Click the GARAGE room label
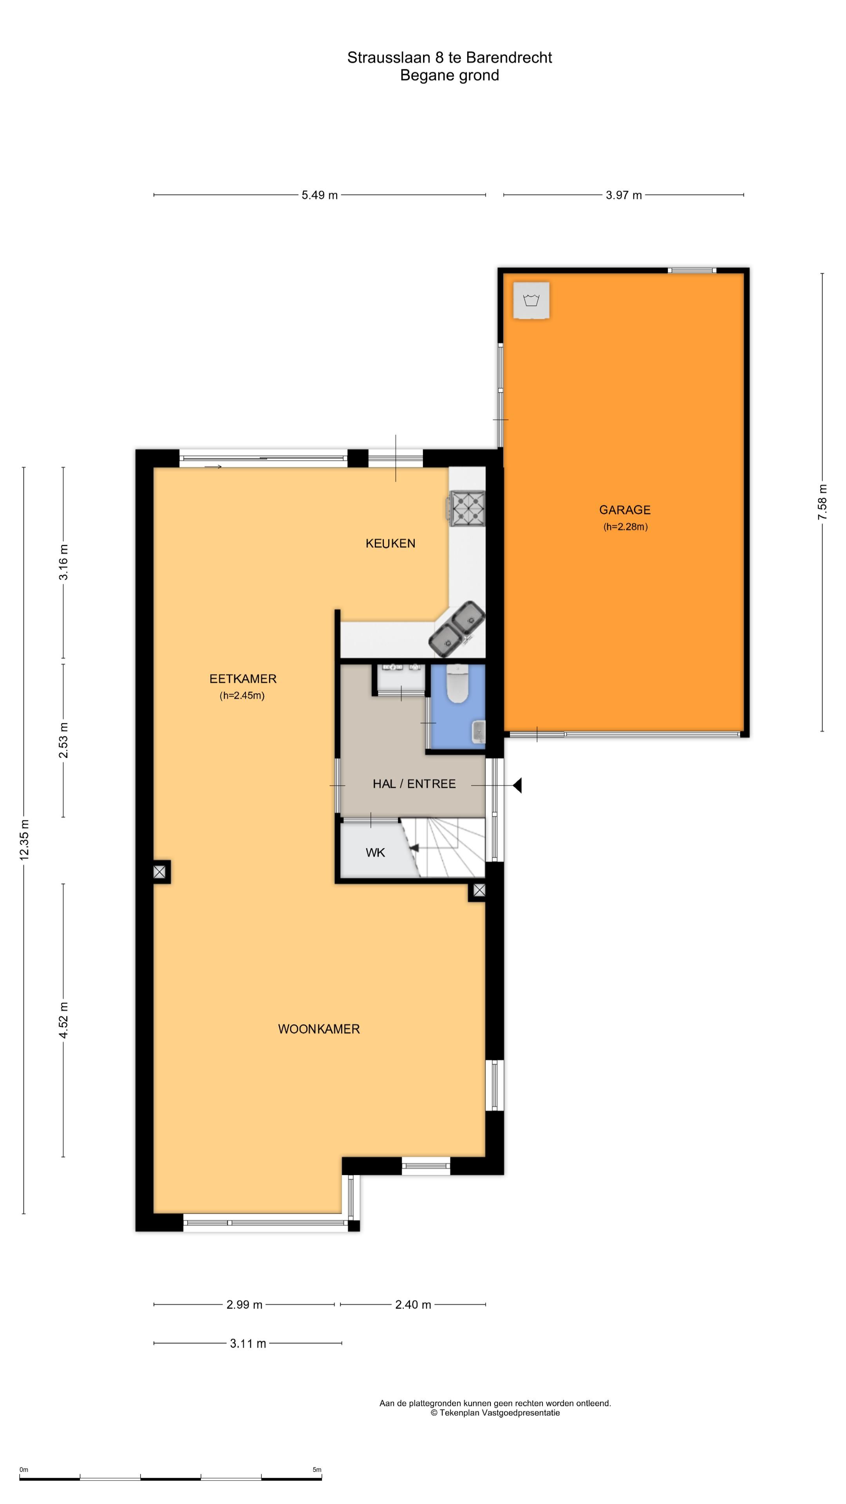pos(624,510)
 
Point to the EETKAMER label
pos(243,678)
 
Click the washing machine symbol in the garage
pos(531,301)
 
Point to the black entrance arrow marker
pos(517,785)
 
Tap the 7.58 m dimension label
pos(822,502)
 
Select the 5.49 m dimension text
pos(319,195)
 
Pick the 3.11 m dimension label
pos(248,1343)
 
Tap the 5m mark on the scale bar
pos(317,1470)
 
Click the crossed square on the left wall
pos(160,872)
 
